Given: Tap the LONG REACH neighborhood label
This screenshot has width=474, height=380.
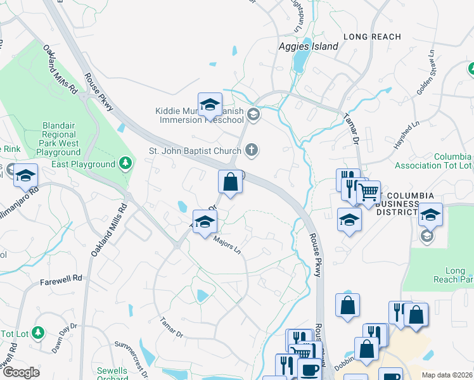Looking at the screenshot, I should [373, 37].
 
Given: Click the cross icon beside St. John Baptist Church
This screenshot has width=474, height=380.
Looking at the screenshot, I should [252, 150].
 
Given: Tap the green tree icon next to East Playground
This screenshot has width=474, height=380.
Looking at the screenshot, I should [126, 164].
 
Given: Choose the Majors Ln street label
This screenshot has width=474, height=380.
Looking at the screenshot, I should [227, 244].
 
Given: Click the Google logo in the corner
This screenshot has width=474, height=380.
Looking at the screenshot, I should [20, 372].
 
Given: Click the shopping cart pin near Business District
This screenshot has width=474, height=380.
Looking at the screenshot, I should [368, 192].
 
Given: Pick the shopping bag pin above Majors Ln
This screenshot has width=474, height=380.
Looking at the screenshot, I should [231, 182].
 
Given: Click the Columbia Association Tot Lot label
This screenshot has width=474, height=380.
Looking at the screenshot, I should [433, 161].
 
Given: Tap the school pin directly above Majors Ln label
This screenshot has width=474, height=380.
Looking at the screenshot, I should [205, 222].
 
